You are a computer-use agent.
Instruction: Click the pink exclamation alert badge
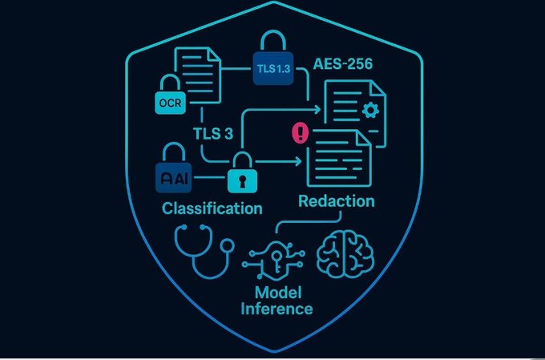(301, 132)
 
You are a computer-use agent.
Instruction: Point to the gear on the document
(369, 110)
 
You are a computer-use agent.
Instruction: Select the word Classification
(212, 208)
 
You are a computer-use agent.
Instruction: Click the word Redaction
(336, 200)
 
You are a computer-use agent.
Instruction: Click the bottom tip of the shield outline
(272, 354)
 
